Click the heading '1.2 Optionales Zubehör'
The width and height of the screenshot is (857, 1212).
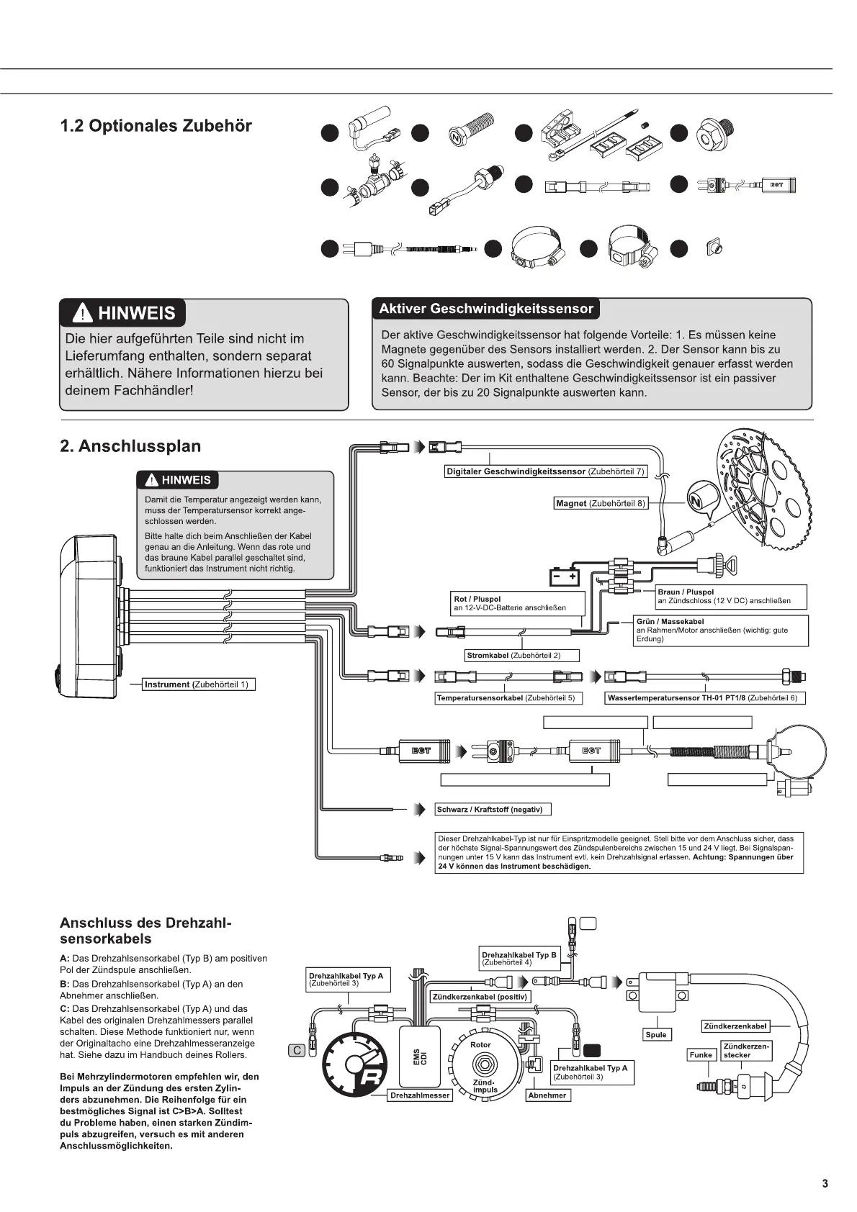coord(156,126)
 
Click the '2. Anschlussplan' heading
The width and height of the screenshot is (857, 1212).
coord(130,446)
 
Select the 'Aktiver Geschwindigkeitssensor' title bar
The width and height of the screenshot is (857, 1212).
coord(486,309)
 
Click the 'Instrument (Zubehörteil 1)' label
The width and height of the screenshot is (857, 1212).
coord(196,684)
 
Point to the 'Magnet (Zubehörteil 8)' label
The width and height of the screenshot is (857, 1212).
coord(601,504)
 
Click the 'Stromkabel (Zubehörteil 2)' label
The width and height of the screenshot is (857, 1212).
coord(513,656)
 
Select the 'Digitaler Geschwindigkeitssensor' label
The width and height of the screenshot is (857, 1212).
coord(544,471)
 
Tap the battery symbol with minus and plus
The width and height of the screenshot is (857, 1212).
coord(565,577)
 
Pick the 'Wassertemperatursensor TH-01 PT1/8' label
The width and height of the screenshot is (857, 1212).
coord(704,698)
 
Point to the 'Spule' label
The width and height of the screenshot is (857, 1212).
coord(656,1035)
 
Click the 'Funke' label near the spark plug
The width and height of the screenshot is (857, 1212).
coord(701,1055)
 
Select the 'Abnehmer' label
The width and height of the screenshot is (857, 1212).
coord(547,1095)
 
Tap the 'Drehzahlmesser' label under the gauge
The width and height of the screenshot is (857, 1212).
coord(420,1095)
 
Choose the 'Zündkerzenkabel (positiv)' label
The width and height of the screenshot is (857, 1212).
coord(480,997)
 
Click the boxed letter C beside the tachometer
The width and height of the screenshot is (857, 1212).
coord(297,1051)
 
